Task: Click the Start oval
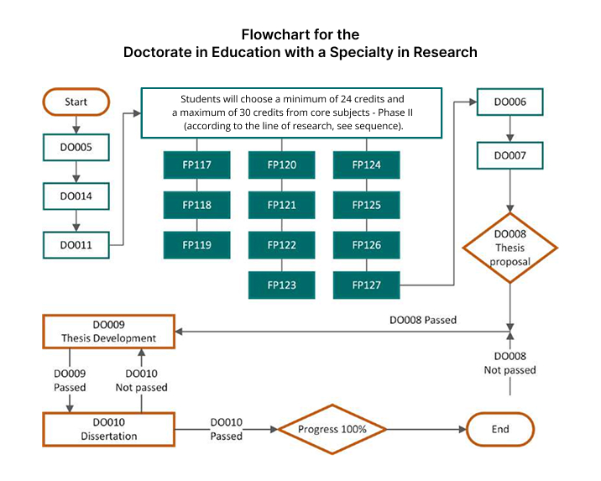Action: [76, 102]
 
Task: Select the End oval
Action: [500, 429]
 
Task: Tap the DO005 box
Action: [76, 149]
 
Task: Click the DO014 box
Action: [76, 197]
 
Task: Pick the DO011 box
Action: [76, 245]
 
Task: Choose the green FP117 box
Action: [196, 165]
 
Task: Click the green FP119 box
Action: [196, 245]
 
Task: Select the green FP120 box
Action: [282, 165]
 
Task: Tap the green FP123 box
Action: [282, 285]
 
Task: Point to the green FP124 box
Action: [367, 165]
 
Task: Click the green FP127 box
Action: [367, 285]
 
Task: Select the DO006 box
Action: [510, 102]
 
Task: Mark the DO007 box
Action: [510, 156]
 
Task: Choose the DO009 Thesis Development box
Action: [108, 332]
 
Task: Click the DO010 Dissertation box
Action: [108, 429]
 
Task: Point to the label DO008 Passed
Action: [422, 320]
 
